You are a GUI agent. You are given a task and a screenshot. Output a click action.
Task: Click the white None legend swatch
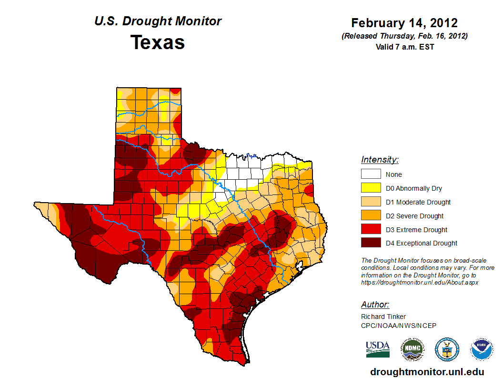371,174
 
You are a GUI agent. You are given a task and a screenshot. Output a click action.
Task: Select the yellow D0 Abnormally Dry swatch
371,188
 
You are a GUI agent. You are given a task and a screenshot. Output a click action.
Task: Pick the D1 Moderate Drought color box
371,202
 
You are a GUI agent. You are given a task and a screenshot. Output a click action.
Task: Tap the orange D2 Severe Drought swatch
371,216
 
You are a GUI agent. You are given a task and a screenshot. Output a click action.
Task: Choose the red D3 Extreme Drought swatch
371,230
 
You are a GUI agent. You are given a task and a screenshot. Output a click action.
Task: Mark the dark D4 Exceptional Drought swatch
371,243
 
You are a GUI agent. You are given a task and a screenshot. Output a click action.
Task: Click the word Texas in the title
158,42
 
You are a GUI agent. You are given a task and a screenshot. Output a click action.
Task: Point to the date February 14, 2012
404,23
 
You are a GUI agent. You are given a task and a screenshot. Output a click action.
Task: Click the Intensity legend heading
380,160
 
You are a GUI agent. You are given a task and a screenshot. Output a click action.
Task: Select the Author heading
375,305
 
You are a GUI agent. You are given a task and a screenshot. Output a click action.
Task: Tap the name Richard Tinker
383,317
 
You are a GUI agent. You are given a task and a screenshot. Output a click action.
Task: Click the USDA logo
378,349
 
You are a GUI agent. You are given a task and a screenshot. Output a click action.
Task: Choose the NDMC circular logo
412,349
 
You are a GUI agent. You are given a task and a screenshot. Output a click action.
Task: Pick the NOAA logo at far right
482,349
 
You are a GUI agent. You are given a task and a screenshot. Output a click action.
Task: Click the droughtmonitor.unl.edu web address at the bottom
427,372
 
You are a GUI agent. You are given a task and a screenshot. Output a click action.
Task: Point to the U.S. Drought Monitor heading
158,21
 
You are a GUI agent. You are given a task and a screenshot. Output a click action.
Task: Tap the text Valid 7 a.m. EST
404,47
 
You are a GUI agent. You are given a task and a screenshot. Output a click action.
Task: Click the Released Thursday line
404,36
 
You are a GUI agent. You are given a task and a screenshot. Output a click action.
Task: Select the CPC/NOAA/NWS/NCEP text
399,326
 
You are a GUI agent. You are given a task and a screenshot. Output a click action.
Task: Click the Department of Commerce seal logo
447,349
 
